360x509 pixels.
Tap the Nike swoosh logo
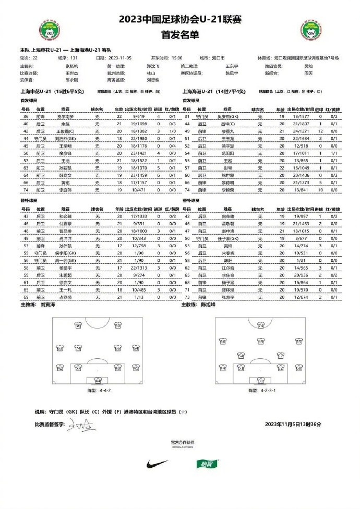click(158, 463)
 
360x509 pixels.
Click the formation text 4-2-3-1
click(262, 390)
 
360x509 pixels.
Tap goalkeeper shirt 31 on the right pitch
click(260, 381)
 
